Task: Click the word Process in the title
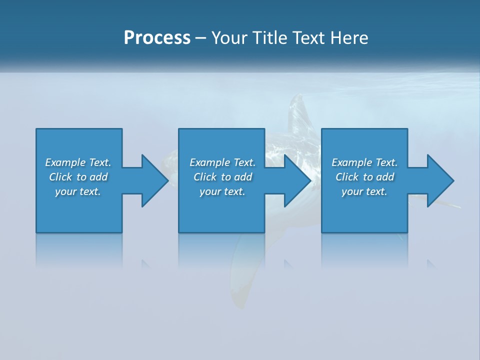point(157,38)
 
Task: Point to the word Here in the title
point(349,38)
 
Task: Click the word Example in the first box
point(65,162)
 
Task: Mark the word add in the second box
point(243,177)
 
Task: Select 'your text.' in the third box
point(364,191)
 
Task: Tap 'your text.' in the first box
point(78,191)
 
